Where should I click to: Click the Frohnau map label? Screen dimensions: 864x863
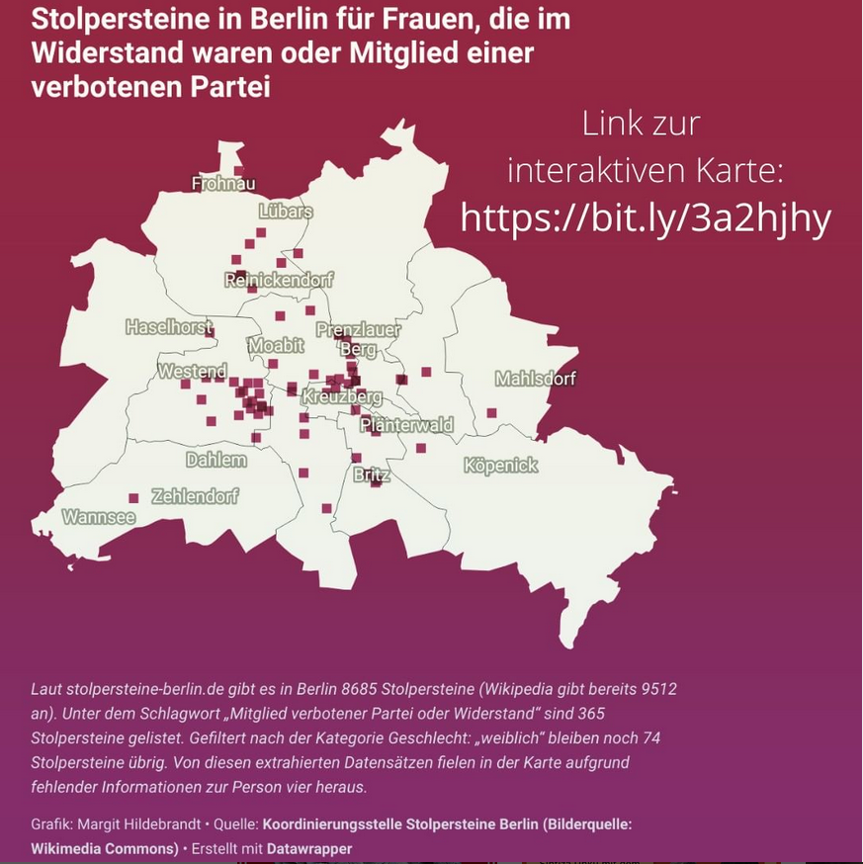[x=223, y=183]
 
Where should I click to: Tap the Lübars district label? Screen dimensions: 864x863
[x=286, y=211]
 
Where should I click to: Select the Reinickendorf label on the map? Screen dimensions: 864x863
[x=279, y=281]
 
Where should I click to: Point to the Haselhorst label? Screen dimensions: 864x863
[x=169, y=327]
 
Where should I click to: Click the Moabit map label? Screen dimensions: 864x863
[x=276, y=345]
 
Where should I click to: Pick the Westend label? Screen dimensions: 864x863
[x=192, y=372]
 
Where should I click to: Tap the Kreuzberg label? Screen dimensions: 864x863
[x=342, y=396]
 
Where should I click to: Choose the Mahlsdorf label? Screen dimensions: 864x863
[x=535, y=379]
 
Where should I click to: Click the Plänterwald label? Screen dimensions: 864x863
[x=406, y=425]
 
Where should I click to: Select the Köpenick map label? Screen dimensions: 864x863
[x=501, y=465]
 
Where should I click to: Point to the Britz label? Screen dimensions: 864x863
[x=372, y=475]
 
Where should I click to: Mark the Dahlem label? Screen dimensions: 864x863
[x=216, y=460]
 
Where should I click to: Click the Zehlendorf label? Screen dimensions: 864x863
[x=195, y=496]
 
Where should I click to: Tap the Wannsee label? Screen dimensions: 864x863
[x=99, y=516]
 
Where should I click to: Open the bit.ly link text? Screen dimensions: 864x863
[x=646, y=218]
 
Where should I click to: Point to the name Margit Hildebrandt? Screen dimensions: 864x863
[x=129, y=822]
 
